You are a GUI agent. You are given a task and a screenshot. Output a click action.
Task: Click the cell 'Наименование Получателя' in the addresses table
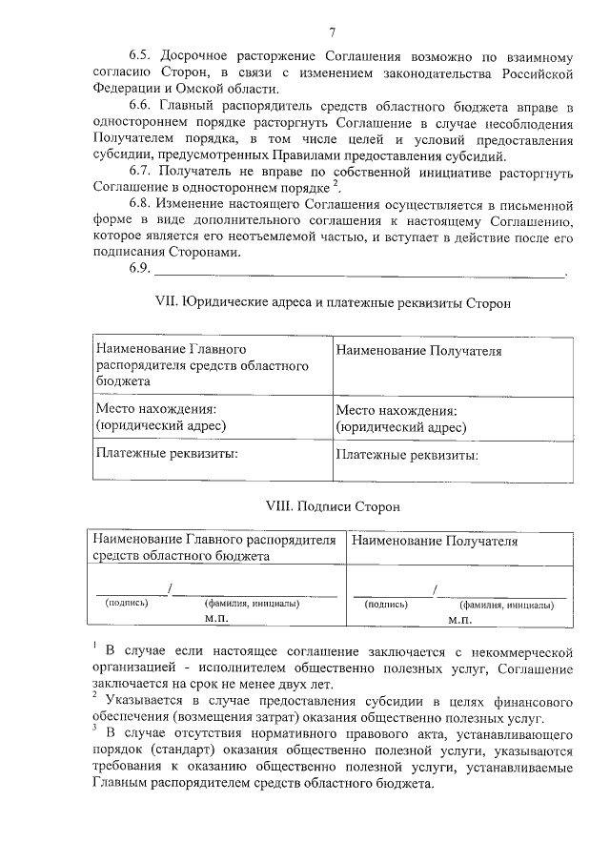(418, 352)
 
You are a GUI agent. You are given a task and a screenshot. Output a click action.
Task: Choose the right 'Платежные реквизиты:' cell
(407, 455)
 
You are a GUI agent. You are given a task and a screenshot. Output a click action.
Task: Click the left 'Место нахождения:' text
(163, 408)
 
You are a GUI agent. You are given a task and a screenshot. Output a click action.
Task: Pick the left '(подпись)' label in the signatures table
(126, 604)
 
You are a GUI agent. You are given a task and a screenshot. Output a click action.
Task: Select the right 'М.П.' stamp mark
(460, 619)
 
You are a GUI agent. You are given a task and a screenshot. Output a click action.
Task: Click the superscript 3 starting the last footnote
(95, 728)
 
